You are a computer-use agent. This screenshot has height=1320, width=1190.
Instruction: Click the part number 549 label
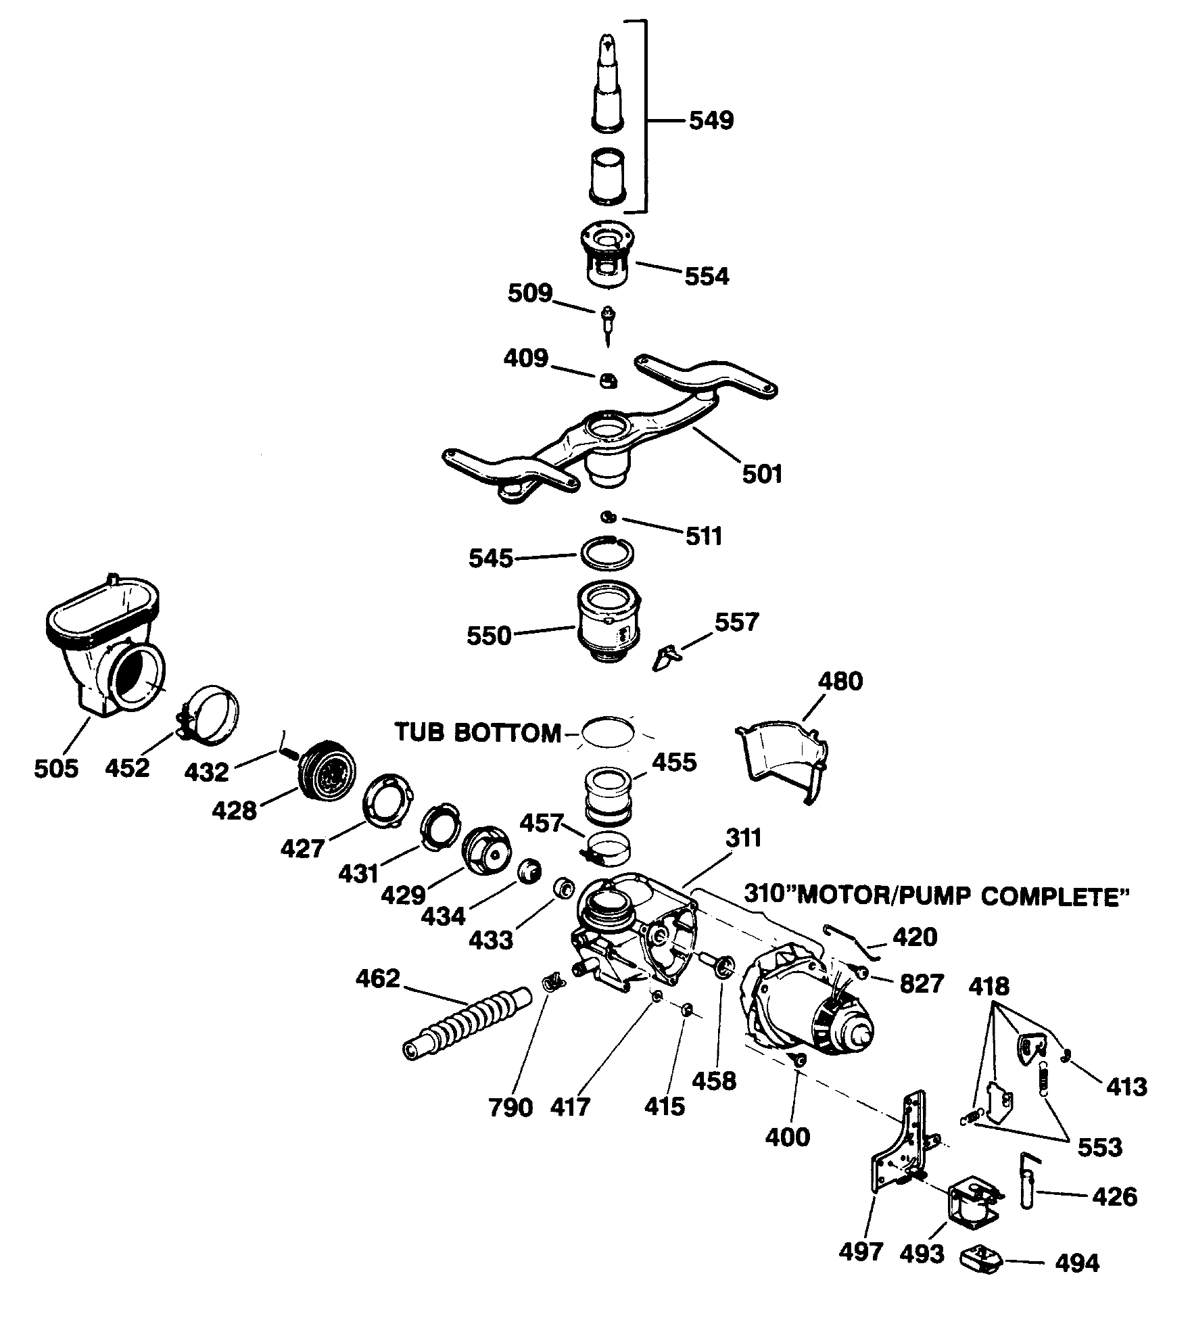(x=711, y=121)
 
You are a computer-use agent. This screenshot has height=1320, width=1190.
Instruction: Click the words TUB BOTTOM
(x=477, y=732)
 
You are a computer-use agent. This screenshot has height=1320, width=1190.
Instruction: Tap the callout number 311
(x=744, y=838)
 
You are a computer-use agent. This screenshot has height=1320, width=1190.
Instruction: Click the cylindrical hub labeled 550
(x=607, y=621)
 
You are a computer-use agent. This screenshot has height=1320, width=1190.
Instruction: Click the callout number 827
(x=921, y=984)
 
